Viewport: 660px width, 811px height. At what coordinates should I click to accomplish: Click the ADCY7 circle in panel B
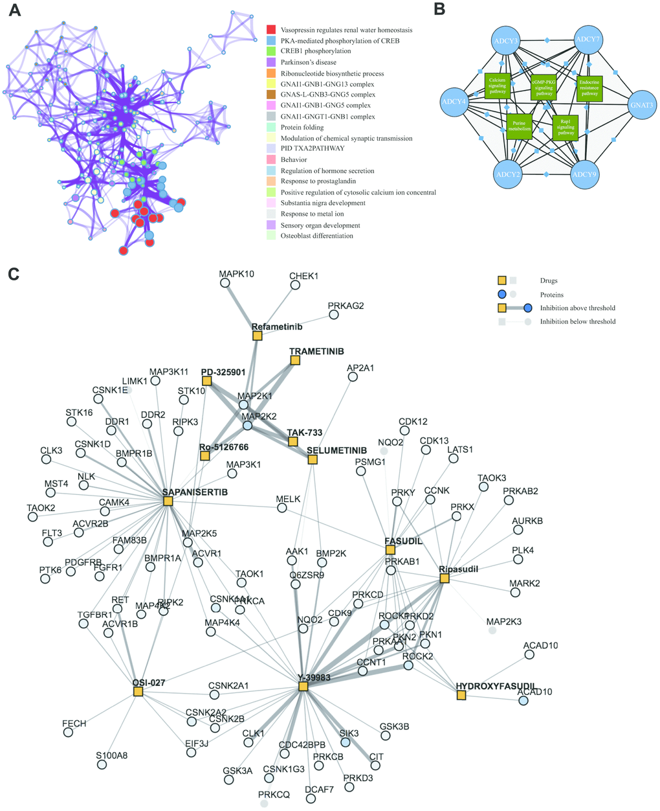588,40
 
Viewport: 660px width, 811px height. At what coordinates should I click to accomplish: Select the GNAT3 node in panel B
643,104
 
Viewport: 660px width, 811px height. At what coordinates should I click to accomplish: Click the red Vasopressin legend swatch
271,30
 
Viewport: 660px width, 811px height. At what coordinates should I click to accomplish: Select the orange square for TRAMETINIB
295,360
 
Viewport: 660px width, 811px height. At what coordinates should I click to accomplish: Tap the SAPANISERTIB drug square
168,501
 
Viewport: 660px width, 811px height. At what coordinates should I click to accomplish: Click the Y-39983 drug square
303,686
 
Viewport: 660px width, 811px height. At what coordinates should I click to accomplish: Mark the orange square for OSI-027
138,691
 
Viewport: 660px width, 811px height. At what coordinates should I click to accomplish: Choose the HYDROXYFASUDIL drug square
461,695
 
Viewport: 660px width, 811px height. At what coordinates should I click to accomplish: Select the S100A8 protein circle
102,764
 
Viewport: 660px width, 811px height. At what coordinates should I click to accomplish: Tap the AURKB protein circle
518,530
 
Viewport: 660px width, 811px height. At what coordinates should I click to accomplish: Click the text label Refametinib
277,326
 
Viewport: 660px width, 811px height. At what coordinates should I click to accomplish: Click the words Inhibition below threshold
578,321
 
